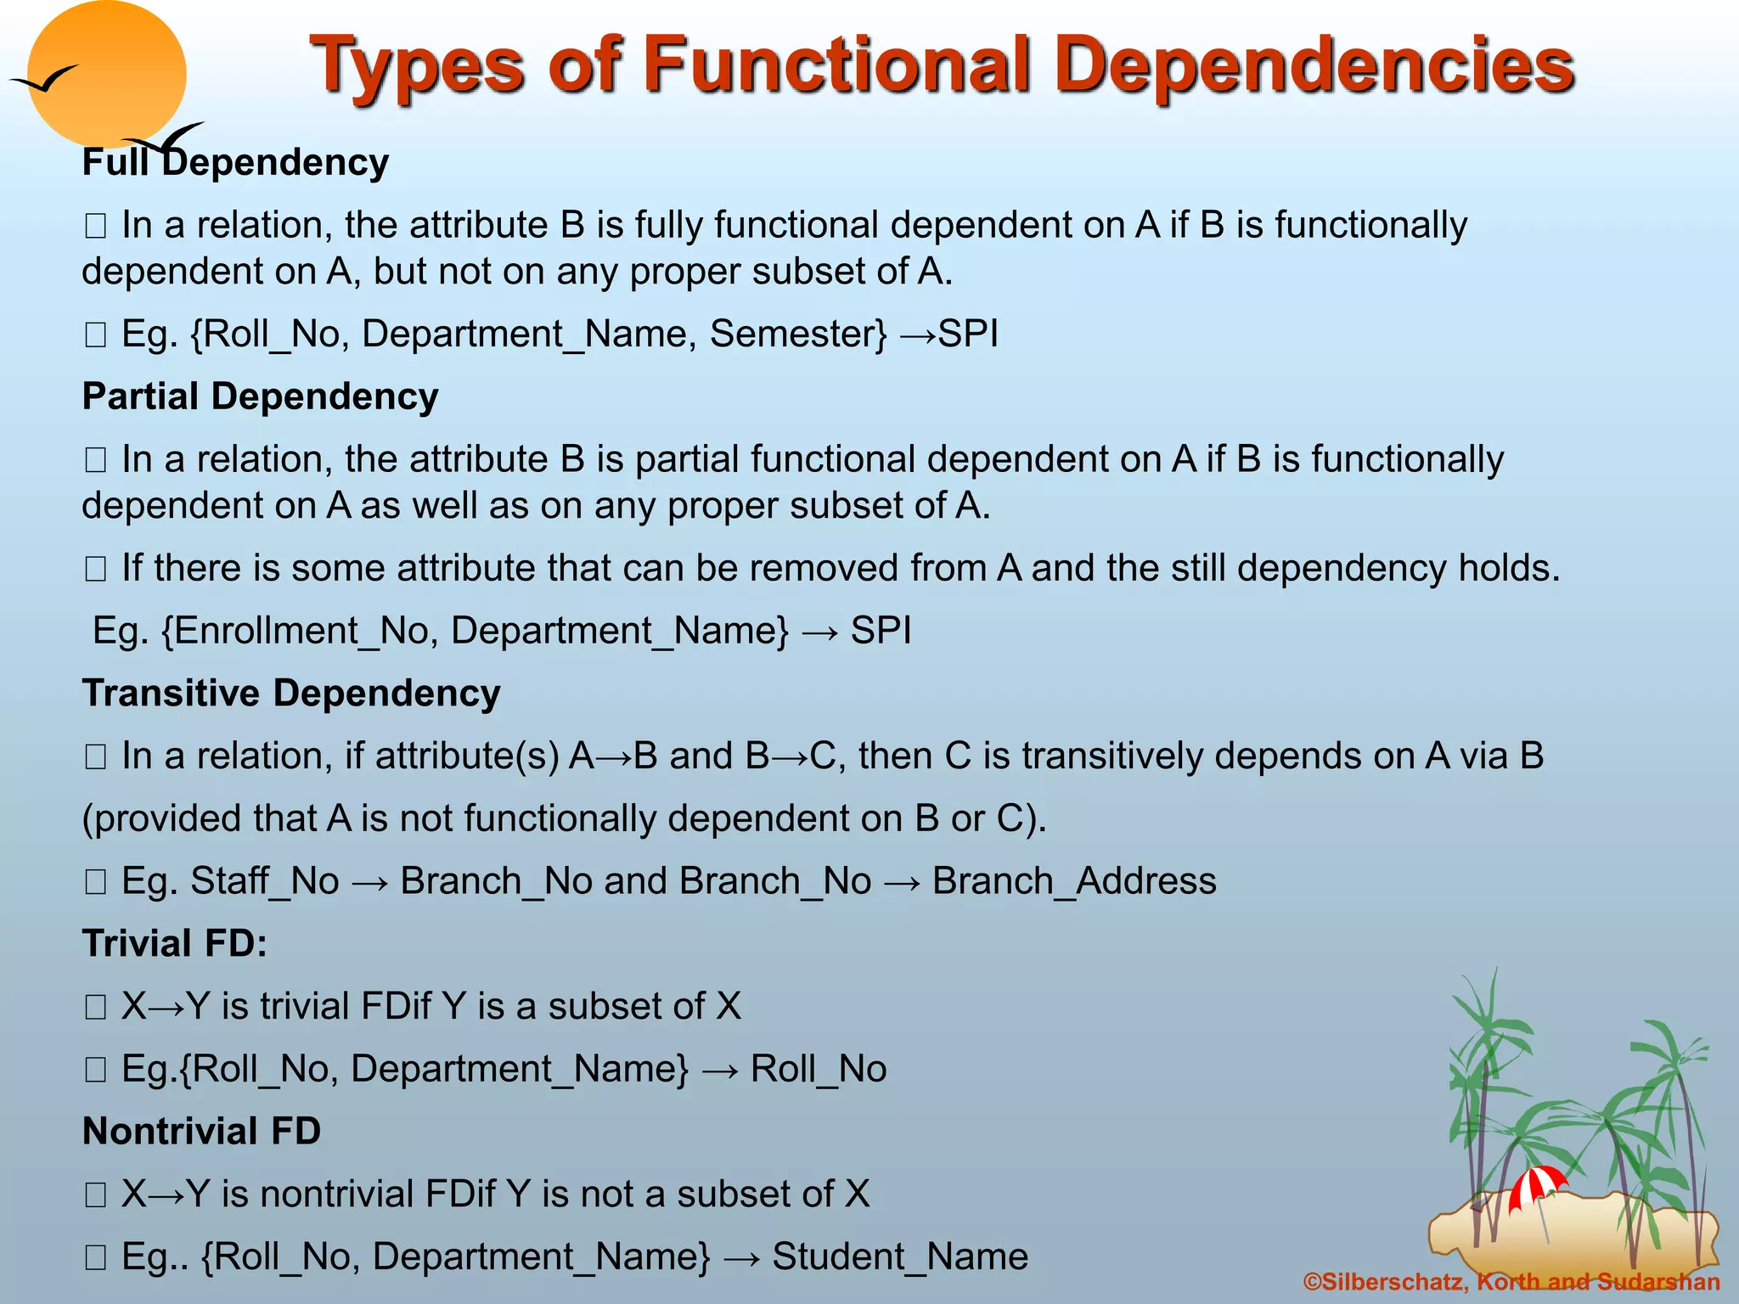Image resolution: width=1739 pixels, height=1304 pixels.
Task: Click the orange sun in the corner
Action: point(106,75)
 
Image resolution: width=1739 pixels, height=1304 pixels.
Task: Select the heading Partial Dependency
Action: point(260,396)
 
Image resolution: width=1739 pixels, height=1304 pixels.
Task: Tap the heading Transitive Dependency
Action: point(291,693)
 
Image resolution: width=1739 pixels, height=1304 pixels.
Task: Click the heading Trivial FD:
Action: point(175,943)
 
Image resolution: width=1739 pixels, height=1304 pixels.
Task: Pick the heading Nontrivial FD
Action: point(201,1131)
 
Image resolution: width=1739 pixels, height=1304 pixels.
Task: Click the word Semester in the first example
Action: point(798,334)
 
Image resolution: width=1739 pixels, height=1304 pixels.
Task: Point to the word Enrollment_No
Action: point(300,631)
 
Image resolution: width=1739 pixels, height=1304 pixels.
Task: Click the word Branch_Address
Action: point(1074,881)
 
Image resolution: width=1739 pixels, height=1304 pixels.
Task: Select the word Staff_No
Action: point(265,881)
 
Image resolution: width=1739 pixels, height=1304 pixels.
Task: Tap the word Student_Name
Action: point(900,1256)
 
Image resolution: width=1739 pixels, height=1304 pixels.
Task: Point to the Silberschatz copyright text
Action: point(1511,1282)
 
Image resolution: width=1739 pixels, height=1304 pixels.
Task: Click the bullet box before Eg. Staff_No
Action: point(95,883)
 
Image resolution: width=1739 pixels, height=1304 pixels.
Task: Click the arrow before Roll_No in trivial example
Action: point(720,1070)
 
